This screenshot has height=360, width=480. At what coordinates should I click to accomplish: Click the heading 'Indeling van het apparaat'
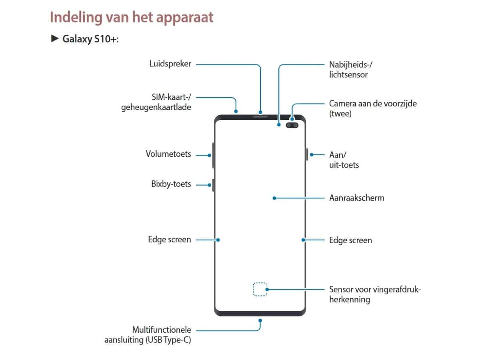point(132,18)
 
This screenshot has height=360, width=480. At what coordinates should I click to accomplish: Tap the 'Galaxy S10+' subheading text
point(90,39)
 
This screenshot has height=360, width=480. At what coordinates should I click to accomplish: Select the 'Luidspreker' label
point(170,64)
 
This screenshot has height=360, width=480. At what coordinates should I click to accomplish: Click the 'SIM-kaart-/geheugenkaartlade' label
point(156,102)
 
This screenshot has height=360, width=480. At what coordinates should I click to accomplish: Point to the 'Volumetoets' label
point(168,154)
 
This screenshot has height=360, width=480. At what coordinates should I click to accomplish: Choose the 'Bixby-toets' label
point(171,184)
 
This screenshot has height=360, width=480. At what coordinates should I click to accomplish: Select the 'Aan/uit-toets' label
point(344,160)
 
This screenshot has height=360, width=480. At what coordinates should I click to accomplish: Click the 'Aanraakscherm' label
point(356,198)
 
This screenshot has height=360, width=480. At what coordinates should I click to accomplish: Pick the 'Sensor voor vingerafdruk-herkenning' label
point(375,294)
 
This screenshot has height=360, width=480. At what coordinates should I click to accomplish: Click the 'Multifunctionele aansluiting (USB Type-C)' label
point(148,335)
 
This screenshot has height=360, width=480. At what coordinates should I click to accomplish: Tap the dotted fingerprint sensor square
point(260,289)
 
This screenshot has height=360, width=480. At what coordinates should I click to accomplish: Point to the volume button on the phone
point(213,155)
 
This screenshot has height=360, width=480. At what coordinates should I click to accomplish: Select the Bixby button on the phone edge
point(213,185)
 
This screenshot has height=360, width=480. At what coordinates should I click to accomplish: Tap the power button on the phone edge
point(307,154)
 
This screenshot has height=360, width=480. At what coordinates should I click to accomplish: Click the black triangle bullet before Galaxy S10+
point(55,39)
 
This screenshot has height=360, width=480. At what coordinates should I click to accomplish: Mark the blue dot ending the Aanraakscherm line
point(274,198)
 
